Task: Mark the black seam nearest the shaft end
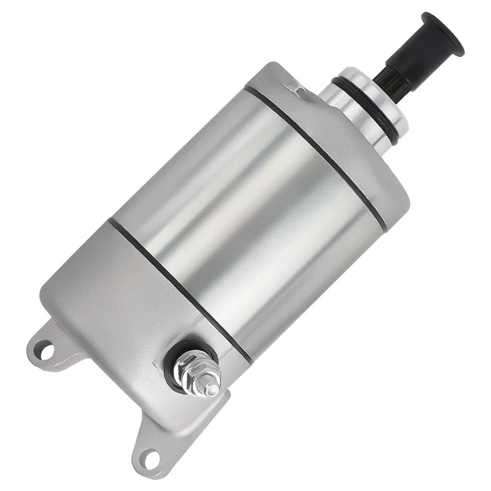[314, 152]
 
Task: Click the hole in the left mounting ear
[45, 350]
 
